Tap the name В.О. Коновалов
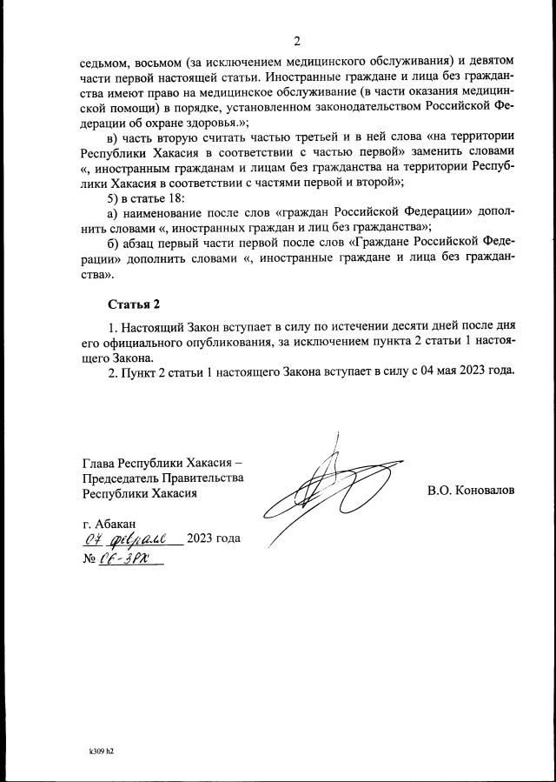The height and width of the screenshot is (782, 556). (x=471, y=490)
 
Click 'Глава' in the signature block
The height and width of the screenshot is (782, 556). (x=98, y=461)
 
